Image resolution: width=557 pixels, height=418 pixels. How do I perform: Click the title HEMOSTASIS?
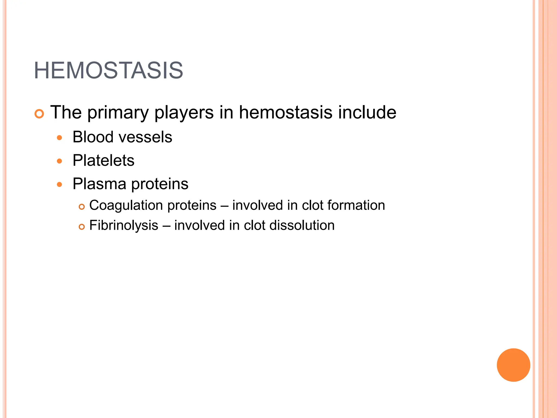click(108, 71)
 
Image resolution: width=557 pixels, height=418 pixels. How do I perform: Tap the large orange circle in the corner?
click(513, 365)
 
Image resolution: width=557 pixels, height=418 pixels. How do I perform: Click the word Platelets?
click(103, 160)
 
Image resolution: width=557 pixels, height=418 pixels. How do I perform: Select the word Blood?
click(92, 137)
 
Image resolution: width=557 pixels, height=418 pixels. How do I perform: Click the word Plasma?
click(99, 184)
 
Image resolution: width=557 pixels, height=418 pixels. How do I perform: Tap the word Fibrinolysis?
click(123, 226)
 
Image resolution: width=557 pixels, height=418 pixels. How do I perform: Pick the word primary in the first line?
click(118, 113)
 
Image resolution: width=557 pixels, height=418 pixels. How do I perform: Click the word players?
click(184, 113)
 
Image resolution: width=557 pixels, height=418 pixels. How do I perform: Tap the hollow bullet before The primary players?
click(39, 114)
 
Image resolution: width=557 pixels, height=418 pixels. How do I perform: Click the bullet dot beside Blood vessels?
click(60, 138)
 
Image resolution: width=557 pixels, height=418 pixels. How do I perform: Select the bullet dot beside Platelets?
click(60, 161)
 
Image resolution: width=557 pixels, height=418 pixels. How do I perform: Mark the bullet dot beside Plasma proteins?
click(60, 185)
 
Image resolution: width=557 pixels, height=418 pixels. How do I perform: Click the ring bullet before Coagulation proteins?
click(82, 207)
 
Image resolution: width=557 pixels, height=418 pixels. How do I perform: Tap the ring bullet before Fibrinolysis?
click(82, 227)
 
